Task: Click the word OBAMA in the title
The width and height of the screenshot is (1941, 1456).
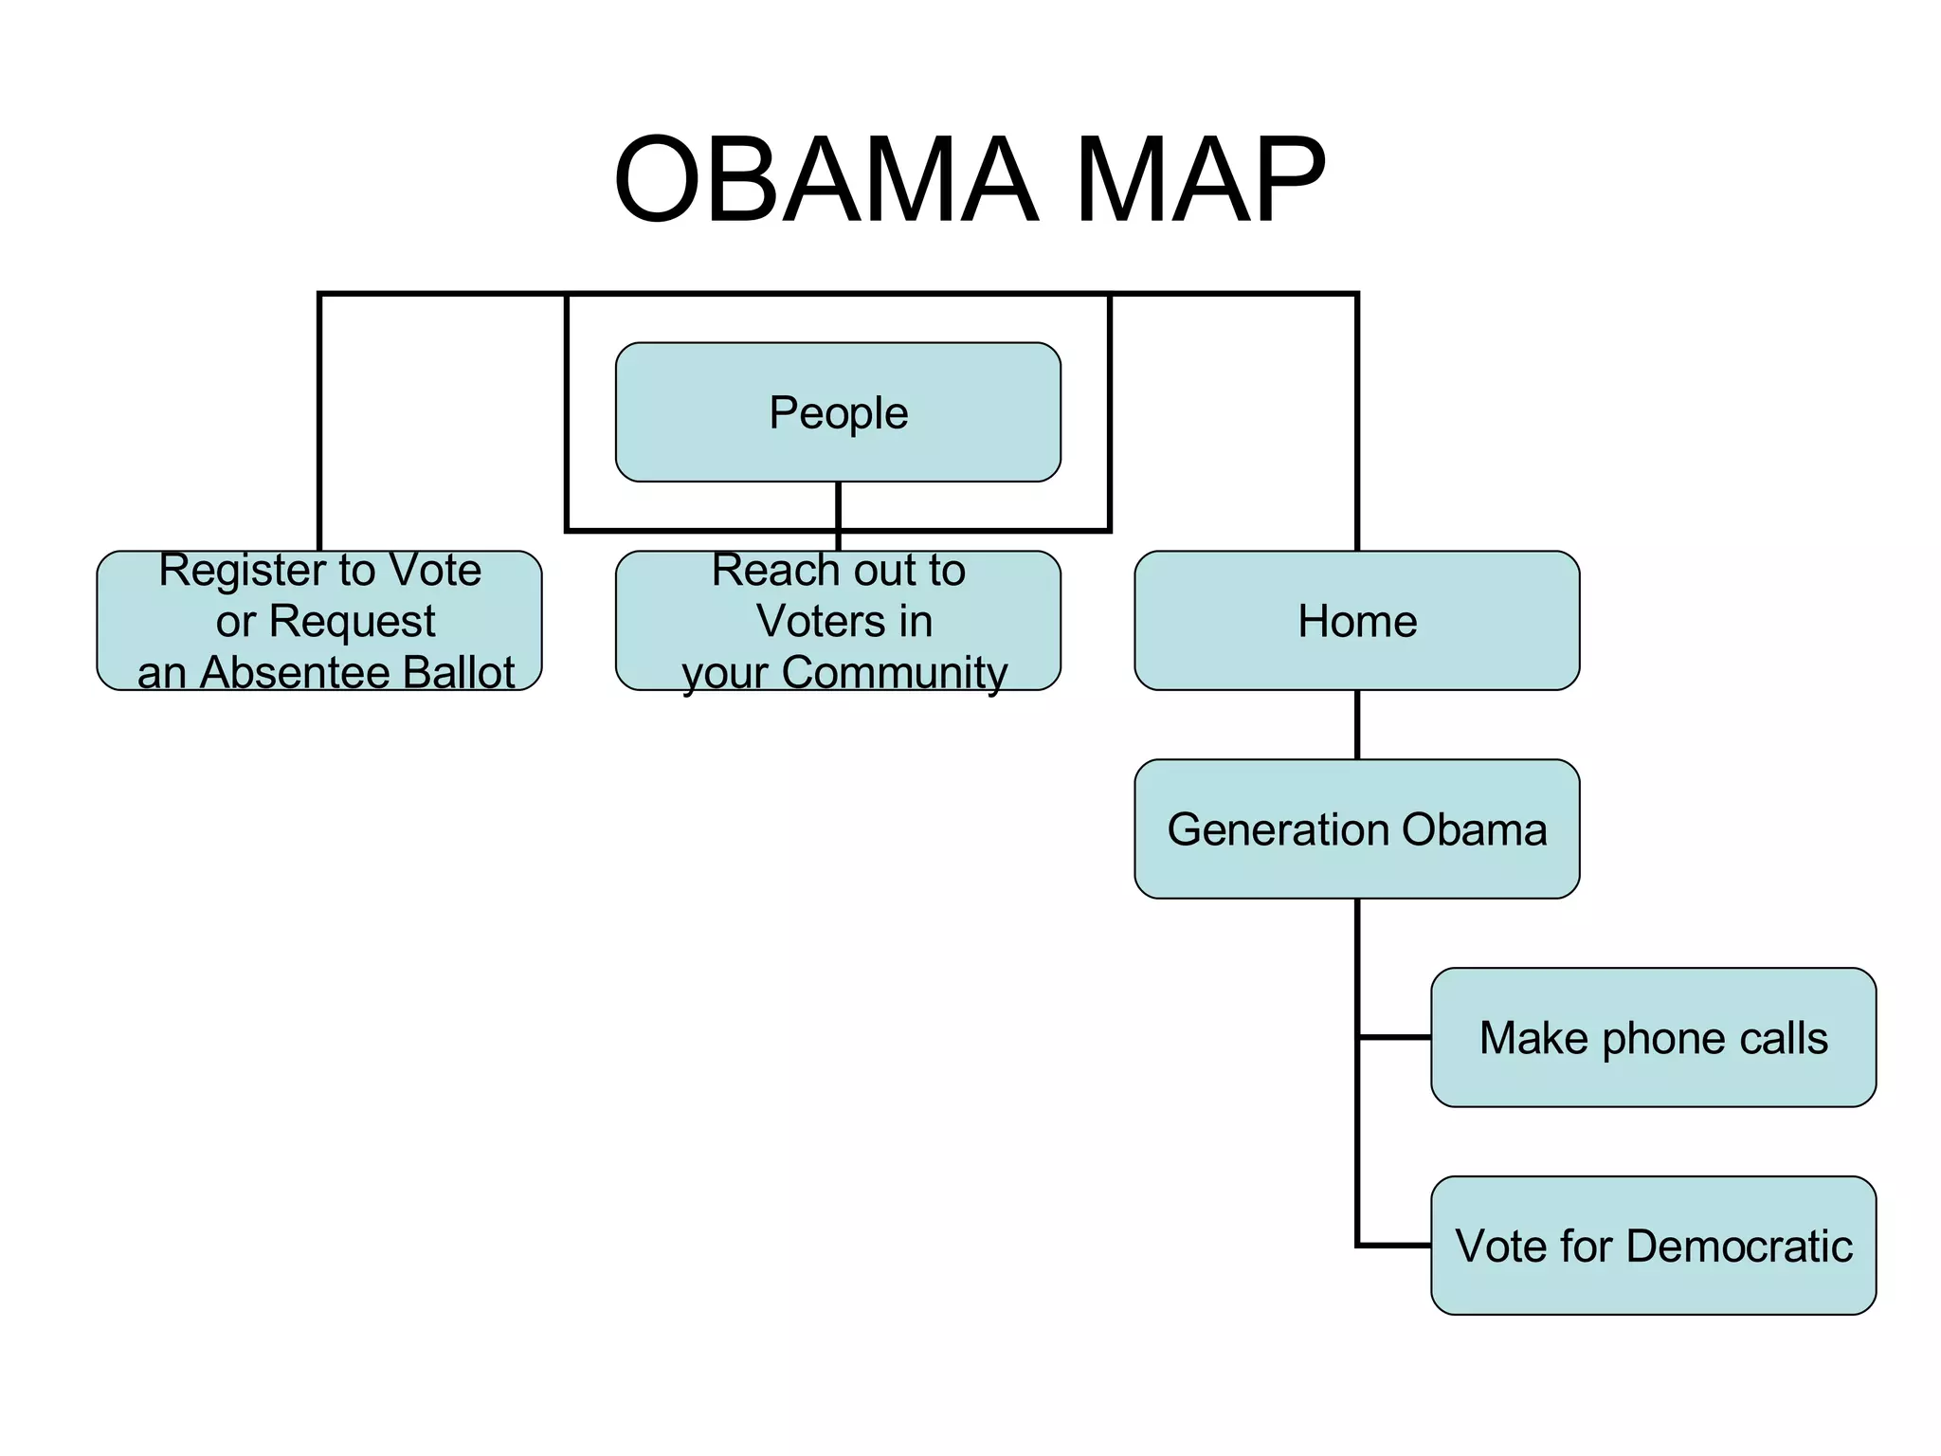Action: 825,180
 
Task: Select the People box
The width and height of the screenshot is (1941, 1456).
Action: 838,412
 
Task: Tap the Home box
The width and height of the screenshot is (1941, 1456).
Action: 1356,621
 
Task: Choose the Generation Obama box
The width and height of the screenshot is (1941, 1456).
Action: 1356,828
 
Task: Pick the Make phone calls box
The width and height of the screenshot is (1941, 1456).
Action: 1653,1037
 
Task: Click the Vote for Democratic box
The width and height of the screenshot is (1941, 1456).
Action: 1653,1246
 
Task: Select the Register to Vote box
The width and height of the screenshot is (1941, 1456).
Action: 319,621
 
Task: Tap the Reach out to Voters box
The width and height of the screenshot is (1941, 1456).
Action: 838,621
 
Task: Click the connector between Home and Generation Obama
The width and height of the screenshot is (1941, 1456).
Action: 1357,724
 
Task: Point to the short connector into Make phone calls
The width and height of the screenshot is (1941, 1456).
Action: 1395,1037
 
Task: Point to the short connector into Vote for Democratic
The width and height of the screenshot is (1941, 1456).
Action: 1395,1245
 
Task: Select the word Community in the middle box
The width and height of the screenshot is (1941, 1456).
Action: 894,673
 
